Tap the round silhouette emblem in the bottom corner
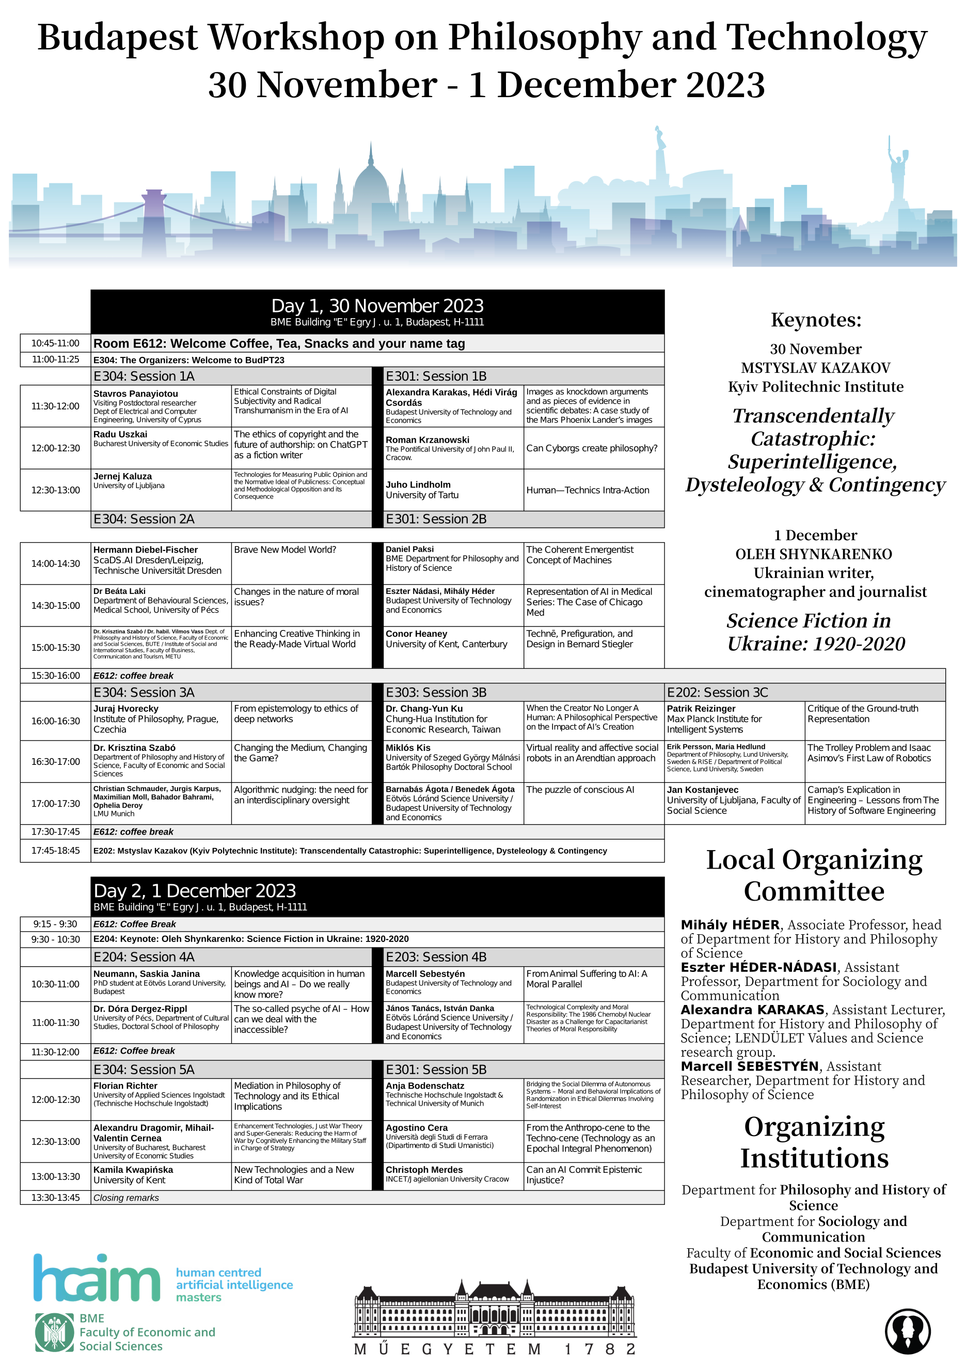(x=907, y=1331)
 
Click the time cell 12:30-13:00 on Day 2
(x=55, y=1141)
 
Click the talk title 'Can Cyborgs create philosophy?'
(x=592, y=448)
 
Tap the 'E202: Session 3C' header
(x=717, y=693)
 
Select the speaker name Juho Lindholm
(x=418, y=484)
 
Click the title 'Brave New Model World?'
(x=285, y=549)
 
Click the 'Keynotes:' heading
(x=816, y=320)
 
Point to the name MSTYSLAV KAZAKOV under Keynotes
(x=815, y=368)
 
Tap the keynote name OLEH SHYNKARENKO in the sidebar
(x=814, y=554)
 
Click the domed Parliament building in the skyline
(x=371, y=184)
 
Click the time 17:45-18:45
(x=55, y=851)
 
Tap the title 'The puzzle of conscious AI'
(x=580, y=790)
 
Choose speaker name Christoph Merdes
(x=424, y=1169)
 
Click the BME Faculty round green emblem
(x=55, y=1332)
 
